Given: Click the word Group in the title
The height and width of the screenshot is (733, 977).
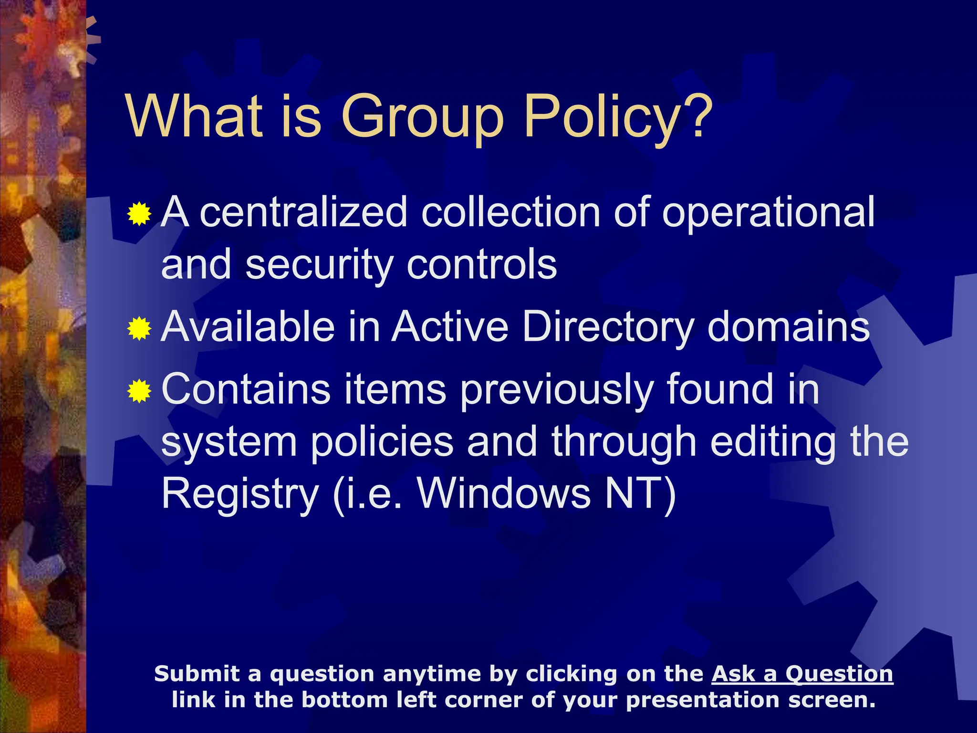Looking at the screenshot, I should [423, 117].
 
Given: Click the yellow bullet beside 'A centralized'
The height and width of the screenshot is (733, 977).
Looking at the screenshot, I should [139, 214].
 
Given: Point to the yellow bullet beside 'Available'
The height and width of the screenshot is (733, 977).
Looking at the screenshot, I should [139, 328].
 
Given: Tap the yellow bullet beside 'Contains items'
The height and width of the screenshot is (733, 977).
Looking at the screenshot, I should [139, 391].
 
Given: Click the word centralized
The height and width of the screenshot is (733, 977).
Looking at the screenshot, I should [303, 212].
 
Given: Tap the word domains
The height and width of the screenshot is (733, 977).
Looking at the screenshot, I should [789, 327].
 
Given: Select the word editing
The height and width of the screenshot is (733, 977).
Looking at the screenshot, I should [773, 443].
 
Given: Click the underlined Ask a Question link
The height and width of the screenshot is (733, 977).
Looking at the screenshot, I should [802, 674].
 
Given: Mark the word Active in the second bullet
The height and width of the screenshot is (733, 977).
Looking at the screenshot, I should [450, 327].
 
